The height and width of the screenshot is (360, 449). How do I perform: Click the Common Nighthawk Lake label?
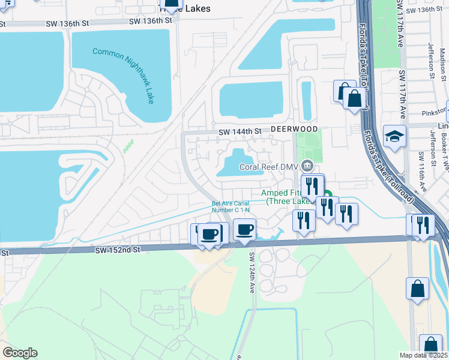click(x=124, y=76)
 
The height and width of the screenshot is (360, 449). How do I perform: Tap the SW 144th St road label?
click(x=240, y=131)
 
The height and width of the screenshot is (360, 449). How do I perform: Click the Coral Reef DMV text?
click(x=269, y=167)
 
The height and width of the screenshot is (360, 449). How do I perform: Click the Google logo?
click(x=20, y=353)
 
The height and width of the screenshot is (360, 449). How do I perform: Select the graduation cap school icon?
click(x=395, y=137)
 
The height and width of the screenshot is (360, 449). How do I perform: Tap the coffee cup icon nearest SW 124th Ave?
click(x=244, y=229)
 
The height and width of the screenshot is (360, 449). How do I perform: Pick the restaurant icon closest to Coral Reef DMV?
click(x=310, y=185)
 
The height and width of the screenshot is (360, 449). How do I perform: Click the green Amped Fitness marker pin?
click(x=328, y=195)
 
